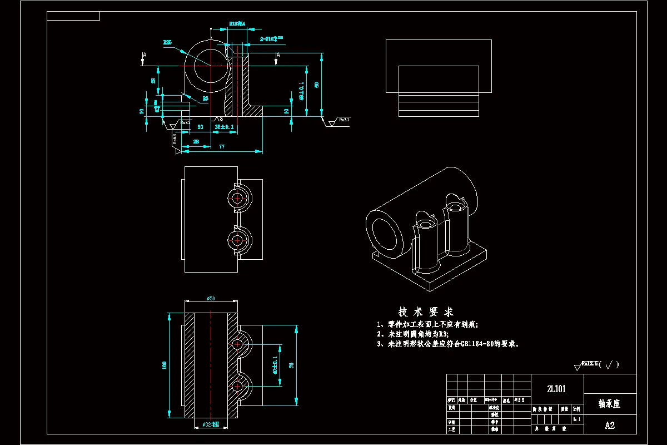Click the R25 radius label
[x=167, y=42]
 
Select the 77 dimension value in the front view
[x=221, y=147]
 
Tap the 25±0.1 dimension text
[x=224, y=127]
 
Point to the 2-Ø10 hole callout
[x=272, y=39]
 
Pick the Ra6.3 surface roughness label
[x=175, y=138]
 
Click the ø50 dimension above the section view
[x=211, y=299]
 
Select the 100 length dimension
[x=164, y=365]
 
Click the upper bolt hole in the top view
[x=238, y=198]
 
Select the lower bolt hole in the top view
[x=238, y=240]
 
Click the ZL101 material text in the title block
[x=556, y=389]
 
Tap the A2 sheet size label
[x=610, y=426]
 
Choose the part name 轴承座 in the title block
[x=609, y=403]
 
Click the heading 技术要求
[x=426, y=311]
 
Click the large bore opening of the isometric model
[x=386, y=235]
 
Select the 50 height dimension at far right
[x=316, y=85]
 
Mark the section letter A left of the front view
[x=145, y=55]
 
